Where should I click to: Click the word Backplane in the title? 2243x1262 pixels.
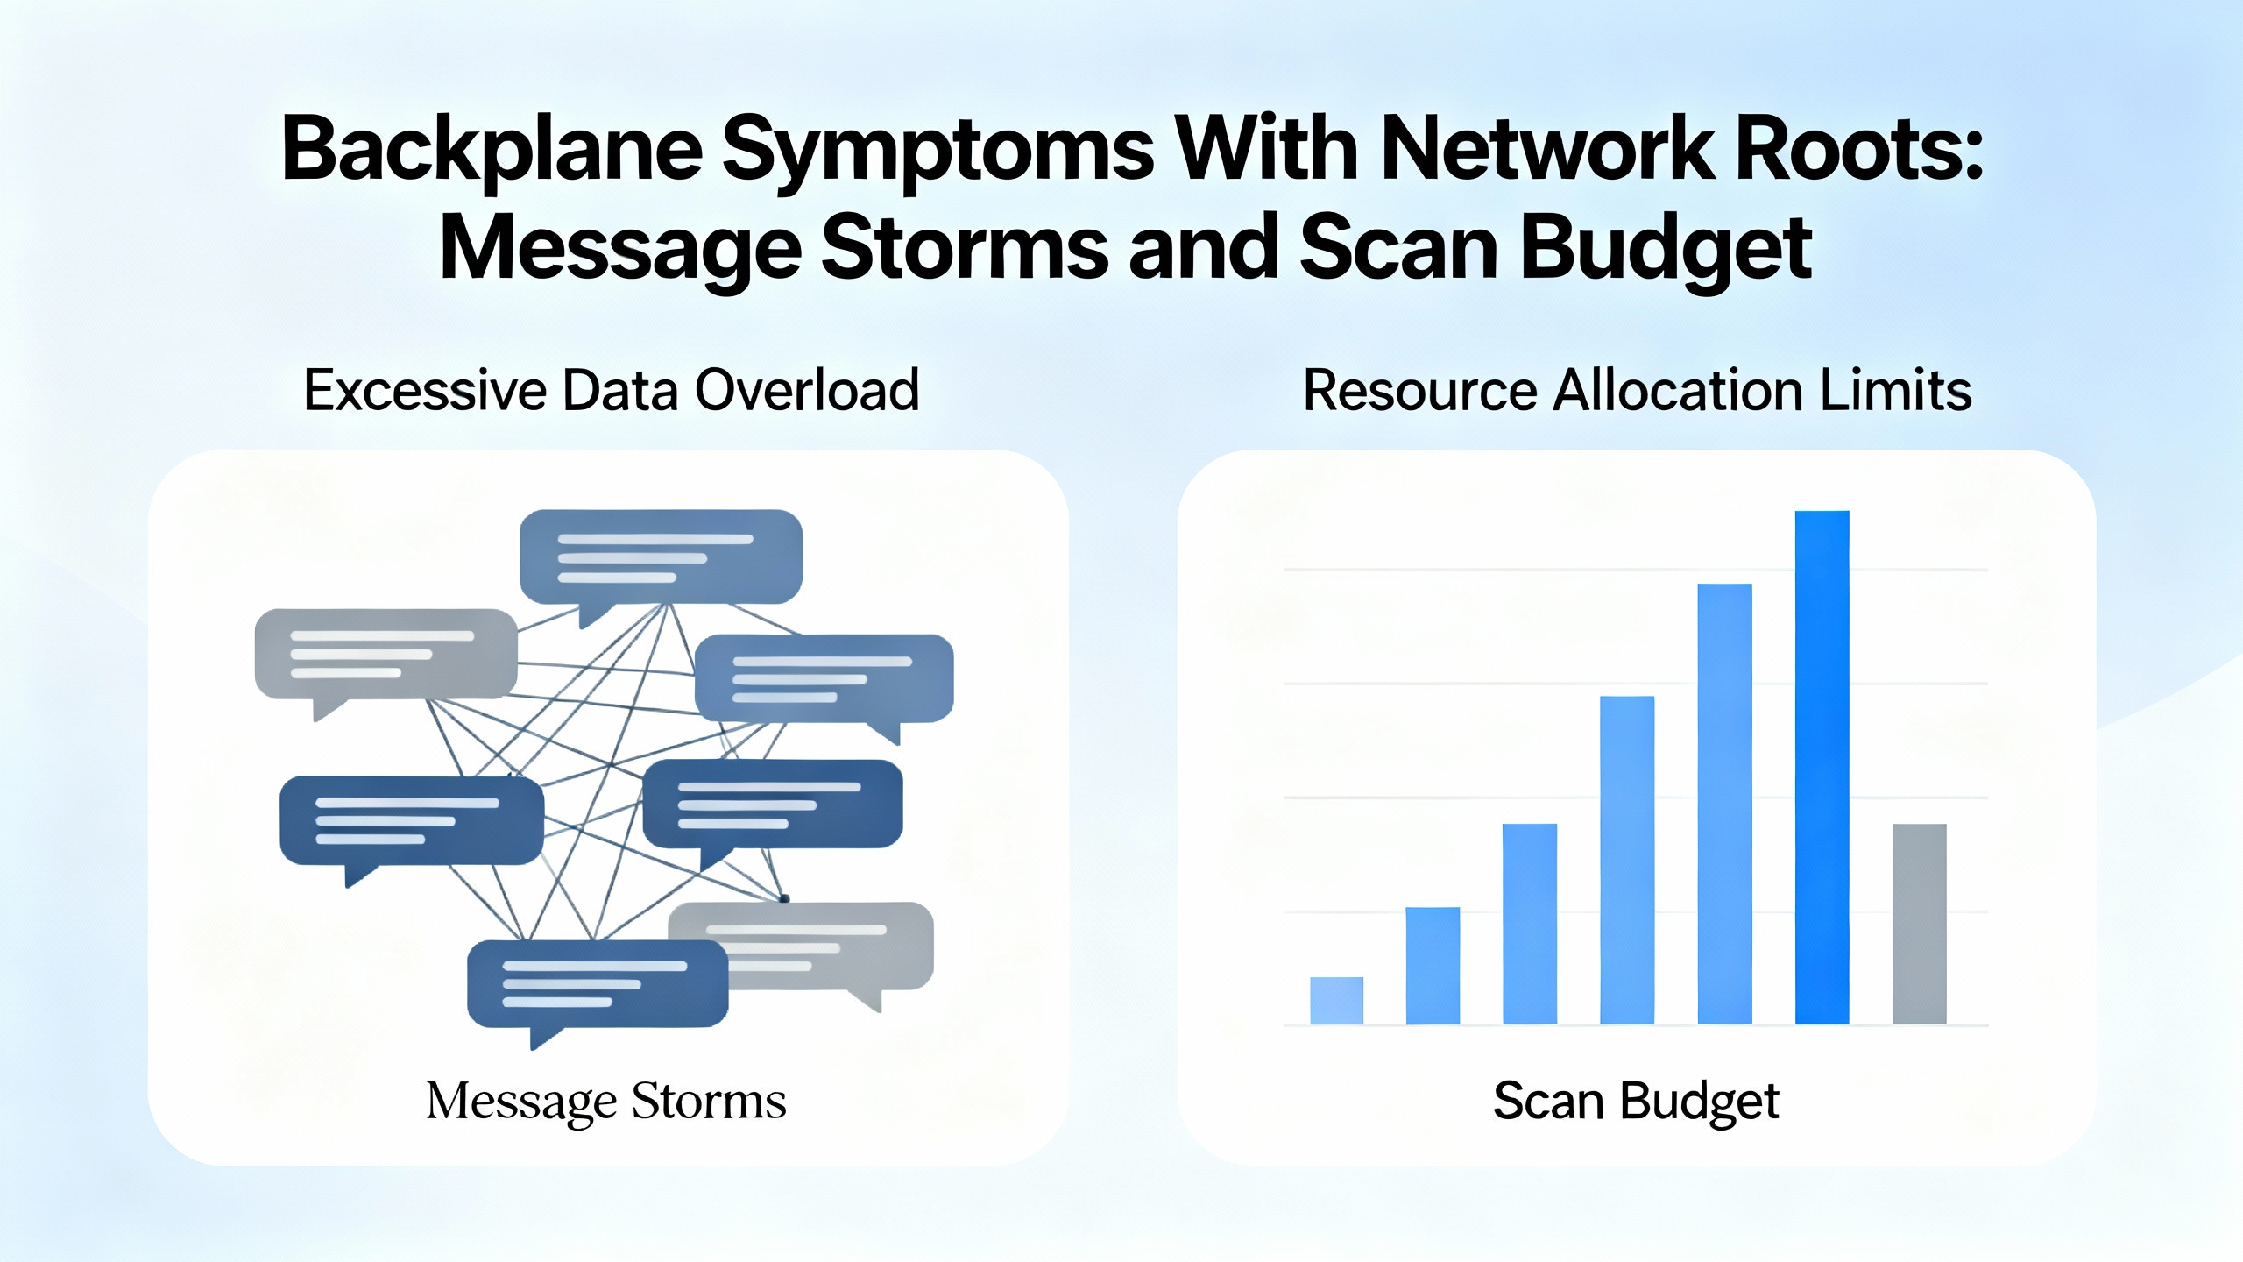(x=492, y=151)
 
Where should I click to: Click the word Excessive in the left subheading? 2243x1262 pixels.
(x=425, y=390)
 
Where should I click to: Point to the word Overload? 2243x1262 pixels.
(x=807, y=390)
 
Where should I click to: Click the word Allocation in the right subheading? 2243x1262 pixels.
(x=1677, y=390)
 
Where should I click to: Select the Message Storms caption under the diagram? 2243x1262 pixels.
(x=606, y=1102)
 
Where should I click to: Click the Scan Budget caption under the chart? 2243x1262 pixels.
(x=1636, y=1102)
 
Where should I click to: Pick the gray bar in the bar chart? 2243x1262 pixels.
(x=1920, y=924)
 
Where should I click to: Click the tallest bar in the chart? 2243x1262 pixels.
(x=1822, y=767)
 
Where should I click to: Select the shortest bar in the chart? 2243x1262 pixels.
(x=1337, y=1000)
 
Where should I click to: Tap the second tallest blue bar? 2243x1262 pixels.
(x=1725, y=804)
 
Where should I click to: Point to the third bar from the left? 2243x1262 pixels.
(x=1530, y=924)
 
